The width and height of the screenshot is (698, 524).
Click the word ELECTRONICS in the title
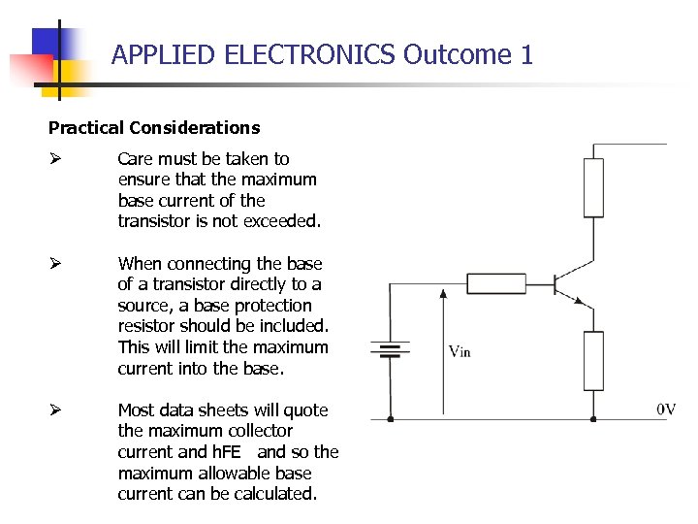[310, 54]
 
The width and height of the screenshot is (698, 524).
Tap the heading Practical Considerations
[154, 127]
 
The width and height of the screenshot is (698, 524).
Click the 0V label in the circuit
[666, 409]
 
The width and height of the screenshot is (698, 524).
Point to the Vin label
[460, 351]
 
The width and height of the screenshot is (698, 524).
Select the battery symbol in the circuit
[390, 349]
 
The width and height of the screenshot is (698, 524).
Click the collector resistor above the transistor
[593, 187]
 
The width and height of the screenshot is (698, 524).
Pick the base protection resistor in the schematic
[496, 283]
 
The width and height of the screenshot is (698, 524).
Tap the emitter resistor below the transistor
[593, 360]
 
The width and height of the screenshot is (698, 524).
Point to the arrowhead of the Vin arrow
[443, 292]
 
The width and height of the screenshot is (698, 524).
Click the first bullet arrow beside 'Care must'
[55, 158]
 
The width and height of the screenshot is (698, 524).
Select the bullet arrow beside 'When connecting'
[55, 263]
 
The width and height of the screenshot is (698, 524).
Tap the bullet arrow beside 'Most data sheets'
[55, 409]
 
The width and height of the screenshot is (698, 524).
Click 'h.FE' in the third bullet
[231, 452]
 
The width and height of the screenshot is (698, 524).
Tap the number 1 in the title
[526, 54]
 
